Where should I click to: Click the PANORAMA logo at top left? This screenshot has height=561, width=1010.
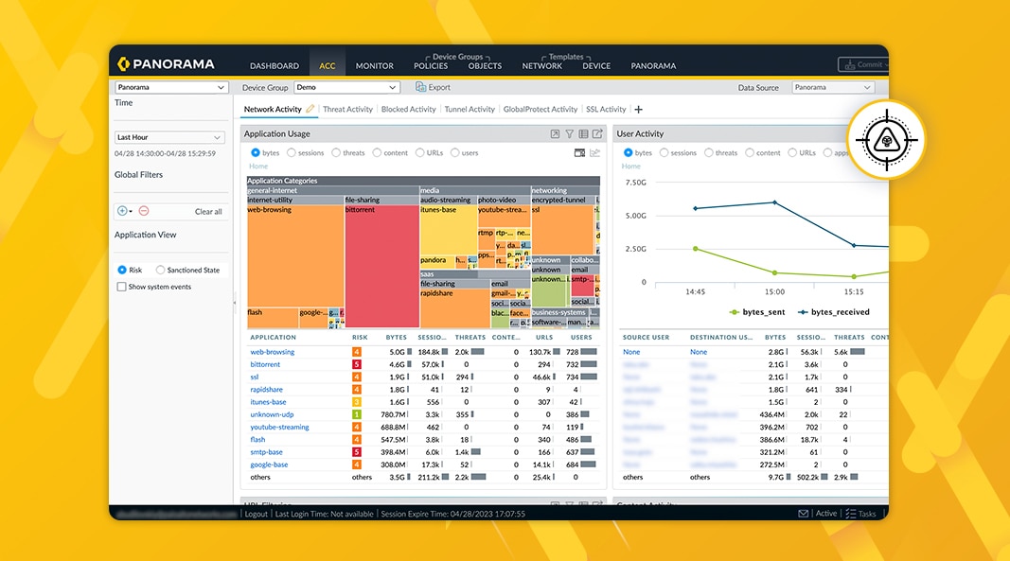pos(167,64)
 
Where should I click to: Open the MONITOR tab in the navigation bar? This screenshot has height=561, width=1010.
pos(374,66)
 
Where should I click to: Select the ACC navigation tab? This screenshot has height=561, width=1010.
pos(327,66)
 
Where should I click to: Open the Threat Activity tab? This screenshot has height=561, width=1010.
pos(347,109)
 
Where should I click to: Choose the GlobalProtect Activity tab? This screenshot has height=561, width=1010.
pos(540,109)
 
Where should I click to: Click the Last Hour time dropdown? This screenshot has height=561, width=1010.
pos(169,137)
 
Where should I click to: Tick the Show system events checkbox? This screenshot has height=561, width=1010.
pos(122,287)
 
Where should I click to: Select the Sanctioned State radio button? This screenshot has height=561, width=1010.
pos(160,270)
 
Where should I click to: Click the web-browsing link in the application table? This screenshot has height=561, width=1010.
pos(273,352)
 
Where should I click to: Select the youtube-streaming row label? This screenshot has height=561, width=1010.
pos(279,427)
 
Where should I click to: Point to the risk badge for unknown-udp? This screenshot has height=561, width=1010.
pos(357,414)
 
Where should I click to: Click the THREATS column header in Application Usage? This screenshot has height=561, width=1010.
pos(470,337)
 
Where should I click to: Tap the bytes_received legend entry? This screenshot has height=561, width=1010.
pos(839,311)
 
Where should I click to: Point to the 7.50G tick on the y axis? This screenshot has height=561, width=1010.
pos(635,183)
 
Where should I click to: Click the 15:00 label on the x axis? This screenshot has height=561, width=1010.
pos(774,291)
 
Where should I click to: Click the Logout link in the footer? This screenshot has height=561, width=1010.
pos(257,514)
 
